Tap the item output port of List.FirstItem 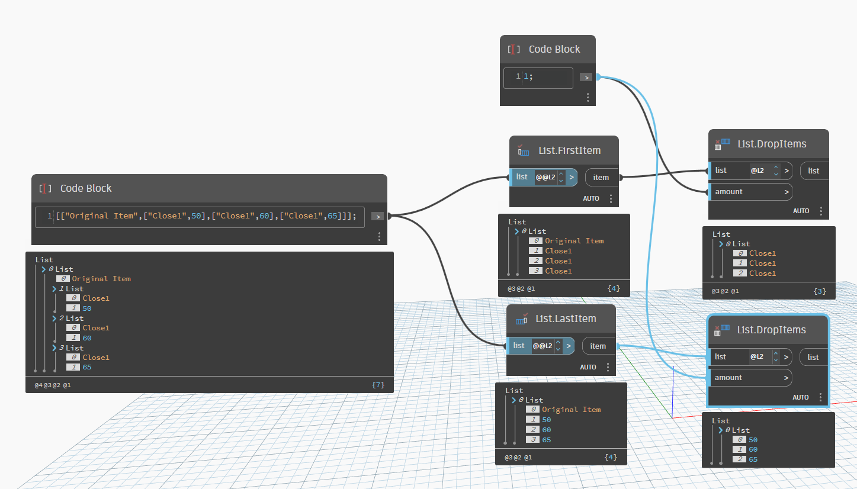click(x=601, y=177)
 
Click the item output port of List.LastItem click(x=598, y=346)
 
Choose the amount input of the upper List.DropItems click(x=750, y=192)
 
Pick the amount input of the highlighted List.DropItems click(x=750, y=378)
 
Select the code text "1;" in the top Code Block click(x=528, y=77)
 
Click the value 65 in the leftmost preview click(x=87, y=367)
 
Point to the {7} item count click(x=378, y=385)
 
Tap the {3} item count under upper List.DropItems click(x=820, y=291)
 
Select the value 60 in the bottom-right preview click(x=753, y=449)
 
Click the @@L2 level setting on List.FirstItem click(x=545, y=176)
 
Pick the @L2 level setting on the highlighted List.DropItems click(x=757, y=357)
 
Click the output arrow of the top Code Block click(x=585, y=77)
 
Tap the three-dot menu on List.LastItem click(x=608, y=367)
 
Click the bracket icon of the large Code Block click(x=44, y=188)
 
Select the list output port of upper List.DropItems click(x=814, y=170)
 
